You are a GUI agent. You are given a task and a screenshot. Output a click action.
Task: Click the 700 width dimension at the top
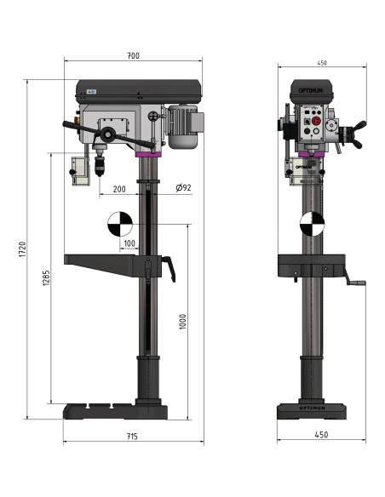click(x=133, y=55)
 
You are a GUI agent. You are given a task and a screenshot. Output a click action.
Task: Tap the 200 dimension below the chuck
click(x=118, y=189)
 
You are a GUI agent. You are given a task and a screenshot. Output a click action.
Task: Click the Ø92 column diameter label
click(x=182, y=188)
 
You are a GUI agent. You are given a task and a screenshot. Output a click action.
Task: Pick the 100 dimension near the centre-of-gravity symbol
click(x=129, y=243)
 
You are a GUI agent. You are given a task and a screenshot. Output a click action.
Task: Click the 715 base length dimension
click(x=133, y=436)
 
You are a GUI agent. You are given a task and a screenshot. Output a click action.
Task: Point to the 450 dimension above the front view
click(x=322, y=62)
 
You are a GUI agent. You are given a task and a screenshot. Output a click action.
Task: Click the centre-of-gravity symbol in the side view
click(x=120, y=224)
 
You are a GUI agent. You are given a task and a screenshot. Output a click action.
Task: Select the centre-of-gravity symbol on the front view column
click(x=312, y=224)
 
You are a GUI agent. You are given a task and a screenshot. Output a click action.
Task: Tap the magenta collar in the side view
click(x=147, y=154)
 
